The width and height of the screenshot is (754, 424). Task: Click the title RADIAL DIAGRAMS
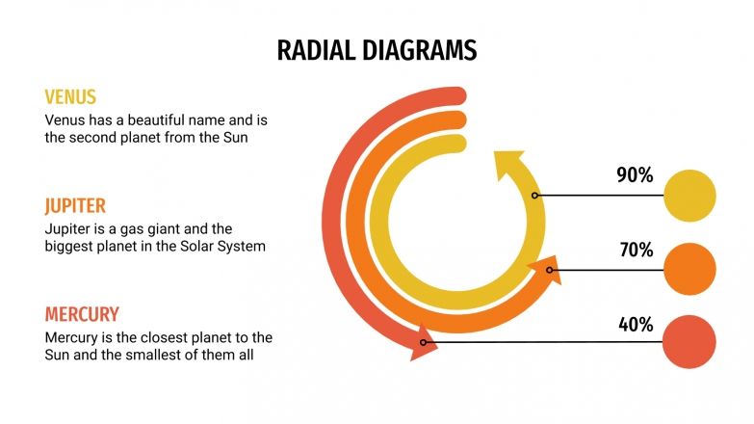377,50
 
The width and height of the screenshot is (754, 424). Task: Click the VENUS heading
70,97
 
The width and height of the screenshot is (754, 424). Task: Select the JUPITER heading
75,205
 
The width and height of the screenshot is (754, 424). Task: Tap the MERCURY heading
82,314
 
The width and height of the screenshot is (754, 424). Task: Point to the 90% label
635,175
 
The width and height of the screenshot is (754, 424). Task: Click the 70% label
635,251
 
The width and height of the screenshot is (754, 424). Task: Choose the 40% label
635,324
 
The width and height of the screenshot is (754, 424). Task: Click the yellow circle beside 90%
690,195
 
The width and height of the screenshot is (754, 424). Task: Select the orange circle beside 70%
690,268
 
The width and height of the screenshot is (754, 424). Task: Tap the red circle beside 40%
690,341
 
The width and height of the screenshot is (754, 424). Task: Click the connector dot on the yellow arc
535,195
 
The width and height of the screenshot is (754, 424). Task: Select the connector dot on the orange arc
550,270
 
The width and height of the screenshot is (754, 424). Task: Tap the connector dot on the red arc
423,341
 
